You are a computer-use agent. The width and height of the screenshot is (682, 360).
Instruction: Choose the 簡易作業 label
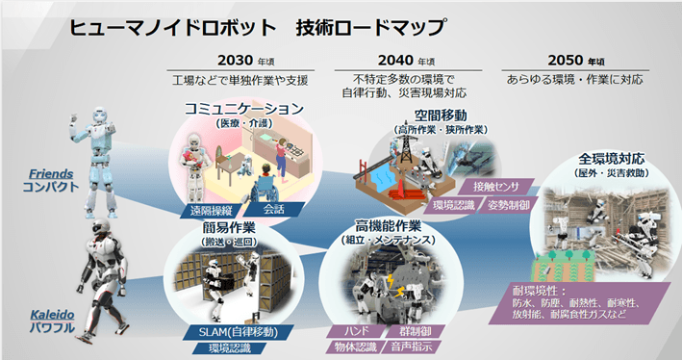point(228,228)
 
